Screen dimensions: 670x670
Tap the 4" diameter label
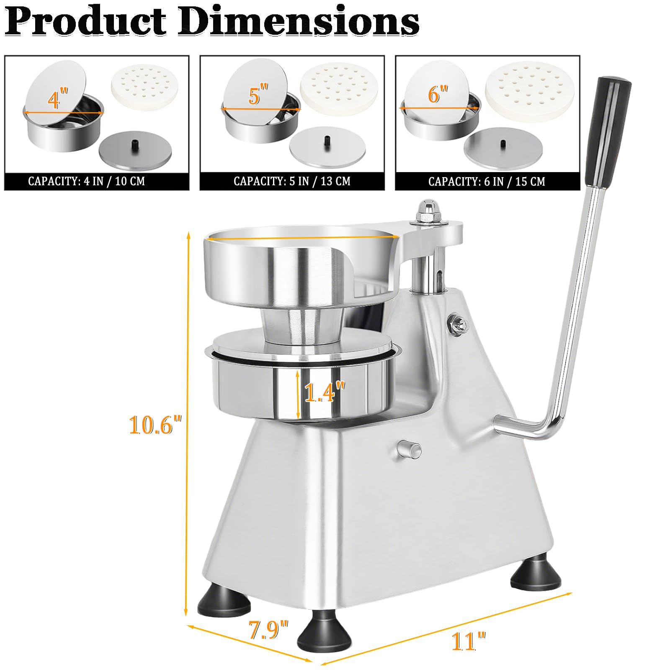(57, 99)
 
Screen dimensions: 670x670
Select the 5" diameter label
(258, 95)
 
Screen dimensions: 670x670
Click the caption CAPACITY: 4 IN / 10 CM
(86, 181)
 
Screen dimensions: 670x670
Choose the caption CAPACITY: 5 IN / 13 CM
(292, 181)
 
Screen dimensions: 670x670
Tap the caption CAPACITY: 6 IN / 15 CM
(487, 181)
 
